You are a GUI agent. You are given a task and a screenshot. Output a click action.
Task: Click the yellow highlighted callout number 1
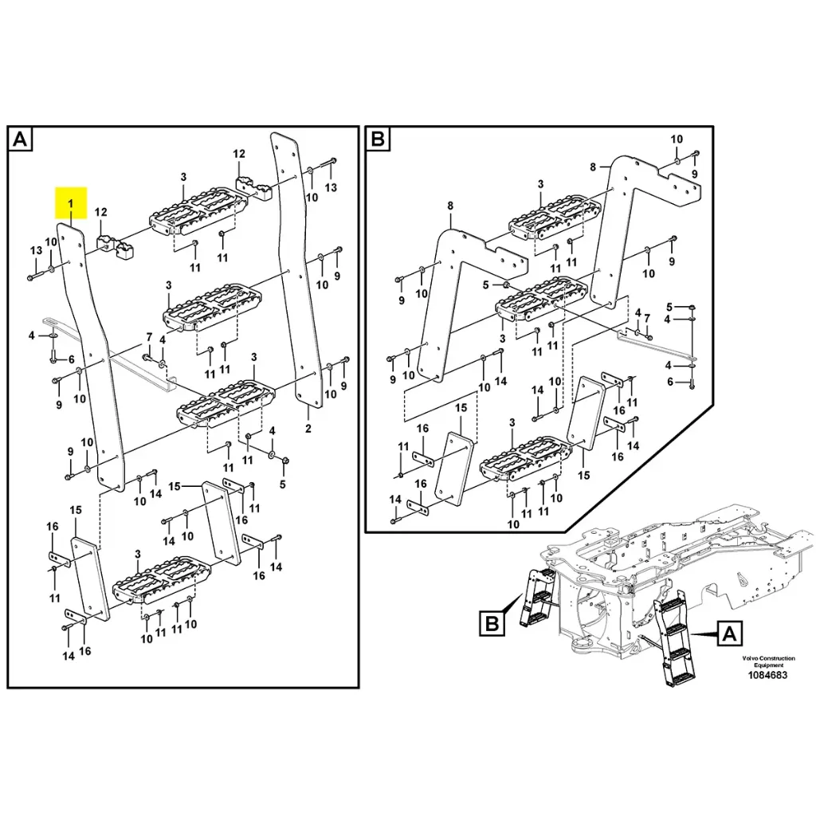[x=70, y=204]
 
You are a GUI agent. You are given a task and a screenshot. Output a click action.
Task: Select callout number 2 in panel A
[x=308, y=429]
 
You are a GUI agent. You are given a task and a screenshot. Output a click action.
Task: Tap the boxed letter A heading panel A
[x=21, y=141]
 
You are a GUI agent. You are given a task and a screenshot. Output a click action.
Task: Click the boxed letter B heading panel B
[x=378, y=141]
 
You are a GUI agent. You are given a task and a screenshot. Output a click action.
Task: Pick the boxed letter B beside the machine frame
[x=493, y=623]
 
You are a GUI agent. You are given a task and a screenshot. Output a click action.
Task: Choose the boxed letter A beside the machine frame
[x=728, y=634]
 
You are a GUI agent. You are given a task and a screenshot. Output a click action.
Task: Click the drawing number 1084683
[x=767, y=675]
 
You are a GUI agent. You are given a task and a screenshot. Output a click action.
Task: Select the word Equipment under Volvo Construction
[x=769, y=665]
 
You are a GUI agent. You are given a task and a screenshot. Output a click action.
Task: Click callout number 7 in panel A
[x=148, y=337]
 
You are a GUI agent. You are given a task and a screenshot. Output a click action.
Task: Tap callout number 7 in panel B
[x=647, y=317]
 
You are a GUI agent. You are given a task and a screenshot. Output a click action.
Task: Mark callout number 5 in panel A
[x=283, y=483]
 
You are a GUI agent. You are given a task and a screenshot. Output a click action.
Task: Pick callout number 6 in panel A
[x=71, y=359]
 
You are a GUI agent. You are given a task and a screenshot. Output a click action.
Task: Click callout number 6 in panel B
[x=670, y=382]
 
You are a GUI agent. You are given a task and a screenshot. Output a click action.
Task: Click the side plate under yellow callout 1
[x=92, y=351]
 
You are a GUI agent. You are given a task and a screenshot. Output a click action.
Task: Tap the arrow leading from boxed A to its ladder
[x=701, y=634]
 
